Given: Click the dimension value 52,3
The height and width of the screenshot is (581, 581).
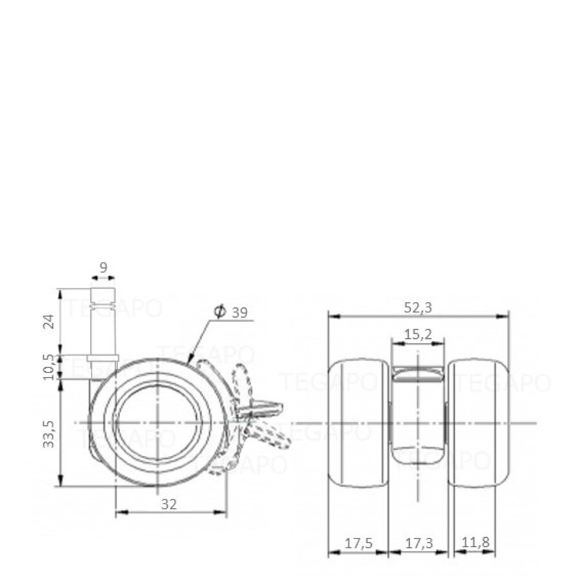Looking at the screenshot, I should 418,308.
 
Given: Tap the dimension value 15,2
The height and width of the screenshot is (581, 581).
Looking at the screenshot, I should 418,334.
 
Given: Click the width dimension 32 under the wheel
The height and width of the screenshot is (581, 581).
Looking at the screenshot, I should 169,505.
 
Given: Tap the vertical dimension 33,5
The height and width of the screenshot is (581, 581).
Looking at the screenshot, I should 48,434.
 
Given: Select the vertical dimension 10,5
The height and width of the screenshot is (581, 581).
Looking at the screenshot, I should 48,366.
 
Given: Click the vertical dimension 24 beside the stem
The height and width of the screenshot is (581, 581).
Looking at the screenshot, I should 48,321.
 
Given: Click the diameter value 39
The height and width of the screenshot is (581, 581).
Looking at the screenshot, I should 239,312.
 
